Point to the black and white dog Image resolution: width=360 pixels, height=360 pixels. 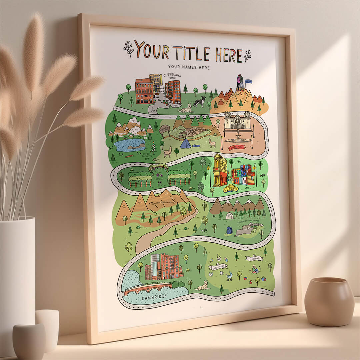coord(200,101)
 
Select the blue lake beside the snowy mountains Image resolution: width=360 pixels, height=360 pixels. coord(129,145)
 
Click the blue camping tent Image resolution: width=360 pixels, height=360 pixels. coord(186,144)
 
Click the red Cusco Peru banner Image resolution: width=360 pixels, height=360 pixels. coord(237,147)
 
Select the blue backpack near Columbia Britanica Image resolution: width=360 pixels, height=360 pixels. coord(229,230)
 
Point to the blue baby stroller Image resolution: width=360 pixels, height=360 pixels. coord(229,276)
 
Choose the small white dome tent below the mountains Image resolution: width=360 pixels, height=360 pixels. coord(229,216)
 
